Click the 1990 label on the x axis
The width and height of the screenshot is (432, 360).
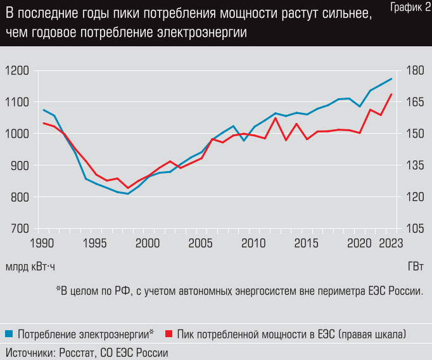click(43, 243)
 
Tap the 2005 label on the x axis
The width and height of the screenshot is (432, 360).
click(201, 243)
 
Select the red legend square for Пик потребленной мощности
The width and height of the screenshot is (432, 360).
click(168, 333)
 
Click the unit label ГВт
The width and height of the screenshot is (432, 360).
click(416, 266)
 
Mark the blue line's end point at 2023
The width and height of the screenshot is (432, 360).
click(392, 79)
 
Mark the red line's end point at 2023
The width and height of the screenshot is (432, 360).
click(392, 94)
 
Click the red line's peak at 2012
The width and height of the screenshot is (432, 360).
click(276, 118)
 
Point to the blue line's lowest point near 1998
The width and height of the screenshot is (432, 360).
click(128, 194)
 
